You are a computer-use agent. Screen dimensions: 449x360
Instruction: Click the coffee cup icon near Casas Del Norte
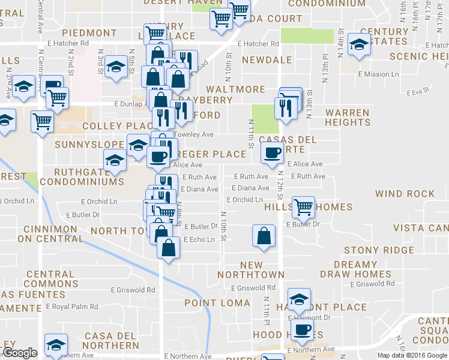[272, 152]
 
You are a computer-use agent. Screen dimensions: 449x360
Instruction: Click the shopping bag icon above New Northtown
[264, 235]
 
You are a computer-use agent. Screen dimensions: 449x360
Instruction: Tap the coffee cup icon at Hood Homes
[302, 329]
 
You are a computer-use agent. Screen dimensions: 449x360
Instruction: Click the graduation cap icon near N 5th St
[116, 68]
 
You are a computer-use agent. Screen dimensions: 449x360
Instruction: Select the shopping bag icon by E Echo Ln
[169, 247]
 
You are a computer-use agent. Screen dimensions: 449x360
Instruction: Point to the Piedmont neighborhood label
[89, 32]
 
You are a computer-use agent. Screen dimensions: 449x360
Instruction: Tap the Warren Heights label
[348, 117]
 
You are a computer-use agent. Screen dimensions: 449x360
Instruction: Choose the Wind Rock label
[405, 194]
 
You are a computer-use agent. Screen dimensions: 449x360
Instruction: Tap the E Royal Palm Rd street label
[72, 306]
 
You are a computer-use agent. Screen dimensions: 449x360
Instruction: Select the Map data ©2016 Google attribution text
[411, 355]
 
